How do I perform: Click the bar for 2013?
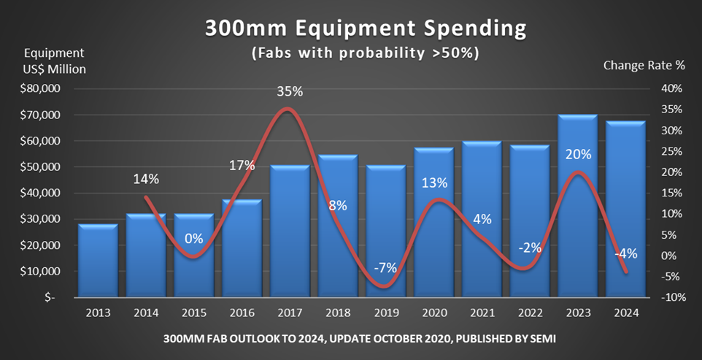pos(98,261)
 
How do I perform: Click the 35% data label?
pos(290,92)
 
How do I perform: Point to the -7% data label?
pos(385,268)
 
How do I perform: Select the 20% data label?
pos(578,155)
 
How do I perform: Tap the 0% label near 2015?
pos(193,239)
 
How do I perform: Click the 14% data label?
pos(146,179)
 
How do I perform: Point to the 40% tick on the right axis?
pos(671,89)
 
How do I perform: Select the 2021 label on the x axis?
pos(482,313)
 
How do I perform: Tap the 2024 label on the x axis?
pos(625,313)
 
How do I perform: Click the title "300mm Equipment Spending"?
pos(365,29)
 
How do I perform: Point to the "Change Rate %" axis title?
pos(644,65)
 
